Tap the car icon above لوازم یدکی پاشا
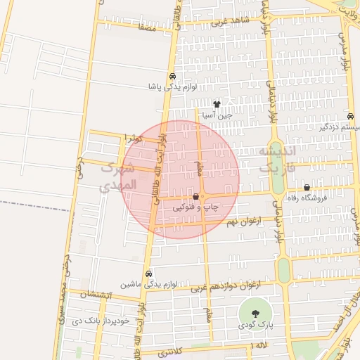click(172, 77)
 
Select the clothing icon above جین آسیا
click(217, 103)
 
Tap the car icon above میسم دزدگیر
click(350, 117)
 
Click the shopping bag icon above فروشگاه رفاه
click(307, 188)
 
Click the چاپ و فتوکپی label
click(197, 208)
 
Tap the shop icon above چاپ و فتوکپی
click(195, 198)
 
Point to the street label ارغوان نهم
click(243, 222)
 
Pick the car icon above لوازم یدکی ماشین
click(148, 274)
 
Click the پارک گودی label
click(255, 326)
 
